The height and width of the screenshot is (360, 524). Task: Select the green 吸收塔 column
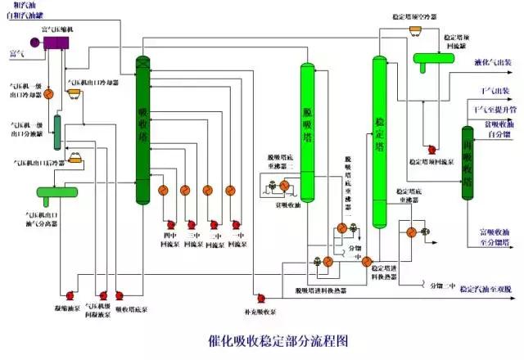tap(143, 131)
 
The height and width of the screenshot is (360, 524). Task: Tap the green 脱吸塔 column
tap(308, 131)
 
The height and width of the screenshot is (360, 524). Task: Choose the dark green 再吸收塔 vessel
tap(468, 164)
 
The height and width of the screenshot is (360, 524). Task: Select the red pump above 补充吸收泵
tap(260, 297)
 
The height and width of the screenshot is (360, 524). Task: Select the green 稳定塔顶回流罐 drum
tap(438, 58)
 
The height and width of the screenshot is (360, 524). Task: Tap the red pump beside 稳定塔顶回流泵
tap(431, 150)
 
